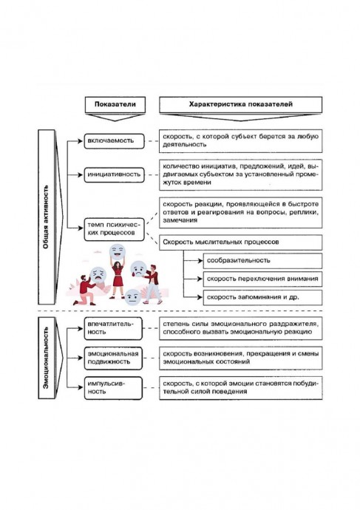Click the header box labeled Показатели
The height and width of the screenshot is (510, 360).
[x=115, y=104]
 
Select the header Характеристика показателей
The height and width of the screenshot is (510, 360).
[x=241, y=104]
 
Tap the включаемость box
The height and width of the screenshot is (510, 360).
[x=114, y=141]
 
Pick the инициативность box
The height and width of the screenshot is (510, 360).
[x=114, y=174]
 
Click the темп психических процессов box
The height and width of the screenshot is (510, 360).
[x=114, y=229]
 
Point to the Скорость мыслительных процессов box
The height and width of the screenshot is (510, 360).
[x=241, y=242]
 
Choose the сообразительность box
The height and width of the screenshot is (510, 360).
[x=262, y=260]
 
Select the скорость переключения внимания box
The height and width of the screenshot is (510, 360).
[x=262, y=279]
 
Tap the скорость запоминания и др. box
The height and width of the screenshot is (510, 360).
[x=262, y=297]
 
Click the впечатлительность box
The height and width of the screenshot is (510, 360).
[x=113, y=328]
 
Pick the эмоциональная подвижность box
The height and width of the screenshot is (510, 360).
[x=113, y=358]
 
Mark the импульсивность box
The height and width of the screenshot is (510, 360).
[x=113, y=388]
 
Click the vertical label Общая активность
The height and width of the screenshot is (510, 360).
[x=46, y=217]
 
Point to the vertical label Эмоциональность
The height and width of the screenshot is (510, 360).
[x=46, y=358]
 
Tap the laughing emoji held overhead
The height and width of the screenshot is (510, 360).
[x=118, y=251]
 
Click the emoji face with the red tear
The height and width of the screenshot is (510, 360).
[x=138, y=270]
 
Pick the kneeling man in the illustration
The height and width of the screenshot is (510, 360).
[x=85, y=290]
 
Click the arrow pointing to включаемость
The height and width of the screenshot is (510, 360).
[x=75, y=141]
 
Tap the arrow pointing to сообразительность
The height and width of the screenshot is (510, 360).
[x=193, y=260]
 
